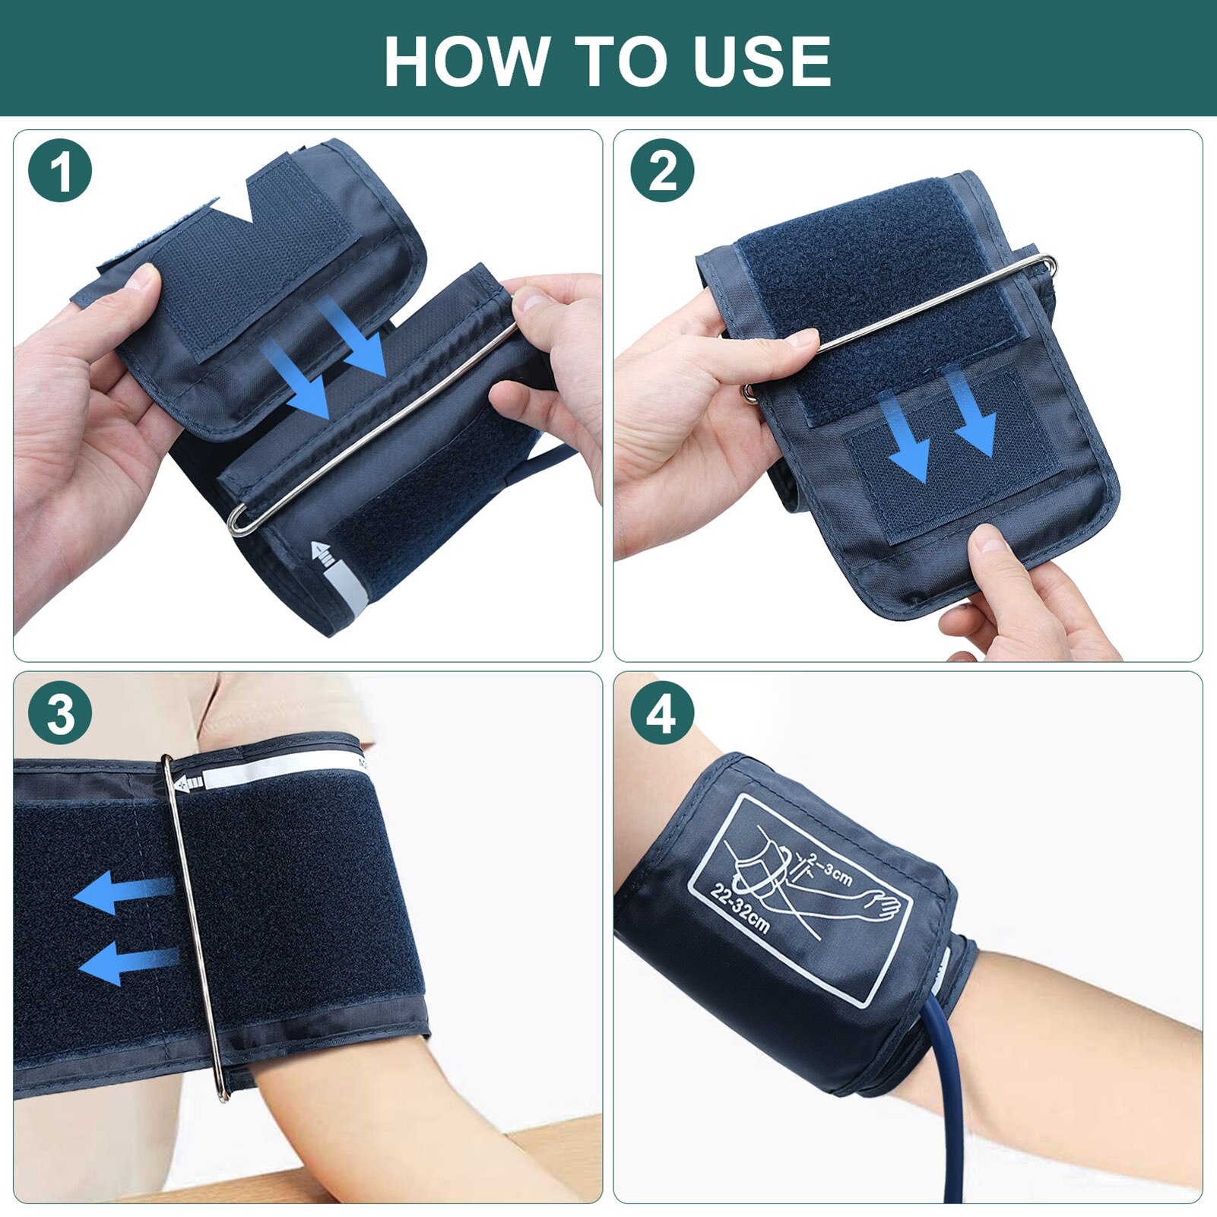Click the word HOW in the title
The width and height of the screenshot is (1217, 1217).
point(465,62)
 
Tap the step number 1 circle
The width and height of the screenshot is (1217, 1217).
point(60,170)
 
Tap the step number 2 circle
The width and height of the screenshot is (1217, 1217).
point(662,170)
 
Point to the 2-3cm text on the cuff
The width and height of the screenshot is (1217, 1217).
point(830,871)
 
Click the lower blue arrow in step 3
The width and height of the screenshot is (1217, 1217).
point(125,962)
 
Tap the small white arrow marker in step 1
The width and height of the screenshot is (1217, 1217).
point(323,553)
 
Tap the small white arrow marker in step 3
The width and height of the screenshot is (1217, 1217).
point(189,783)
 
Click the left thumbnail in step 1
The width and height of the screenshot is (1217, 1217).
point(141,277)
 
